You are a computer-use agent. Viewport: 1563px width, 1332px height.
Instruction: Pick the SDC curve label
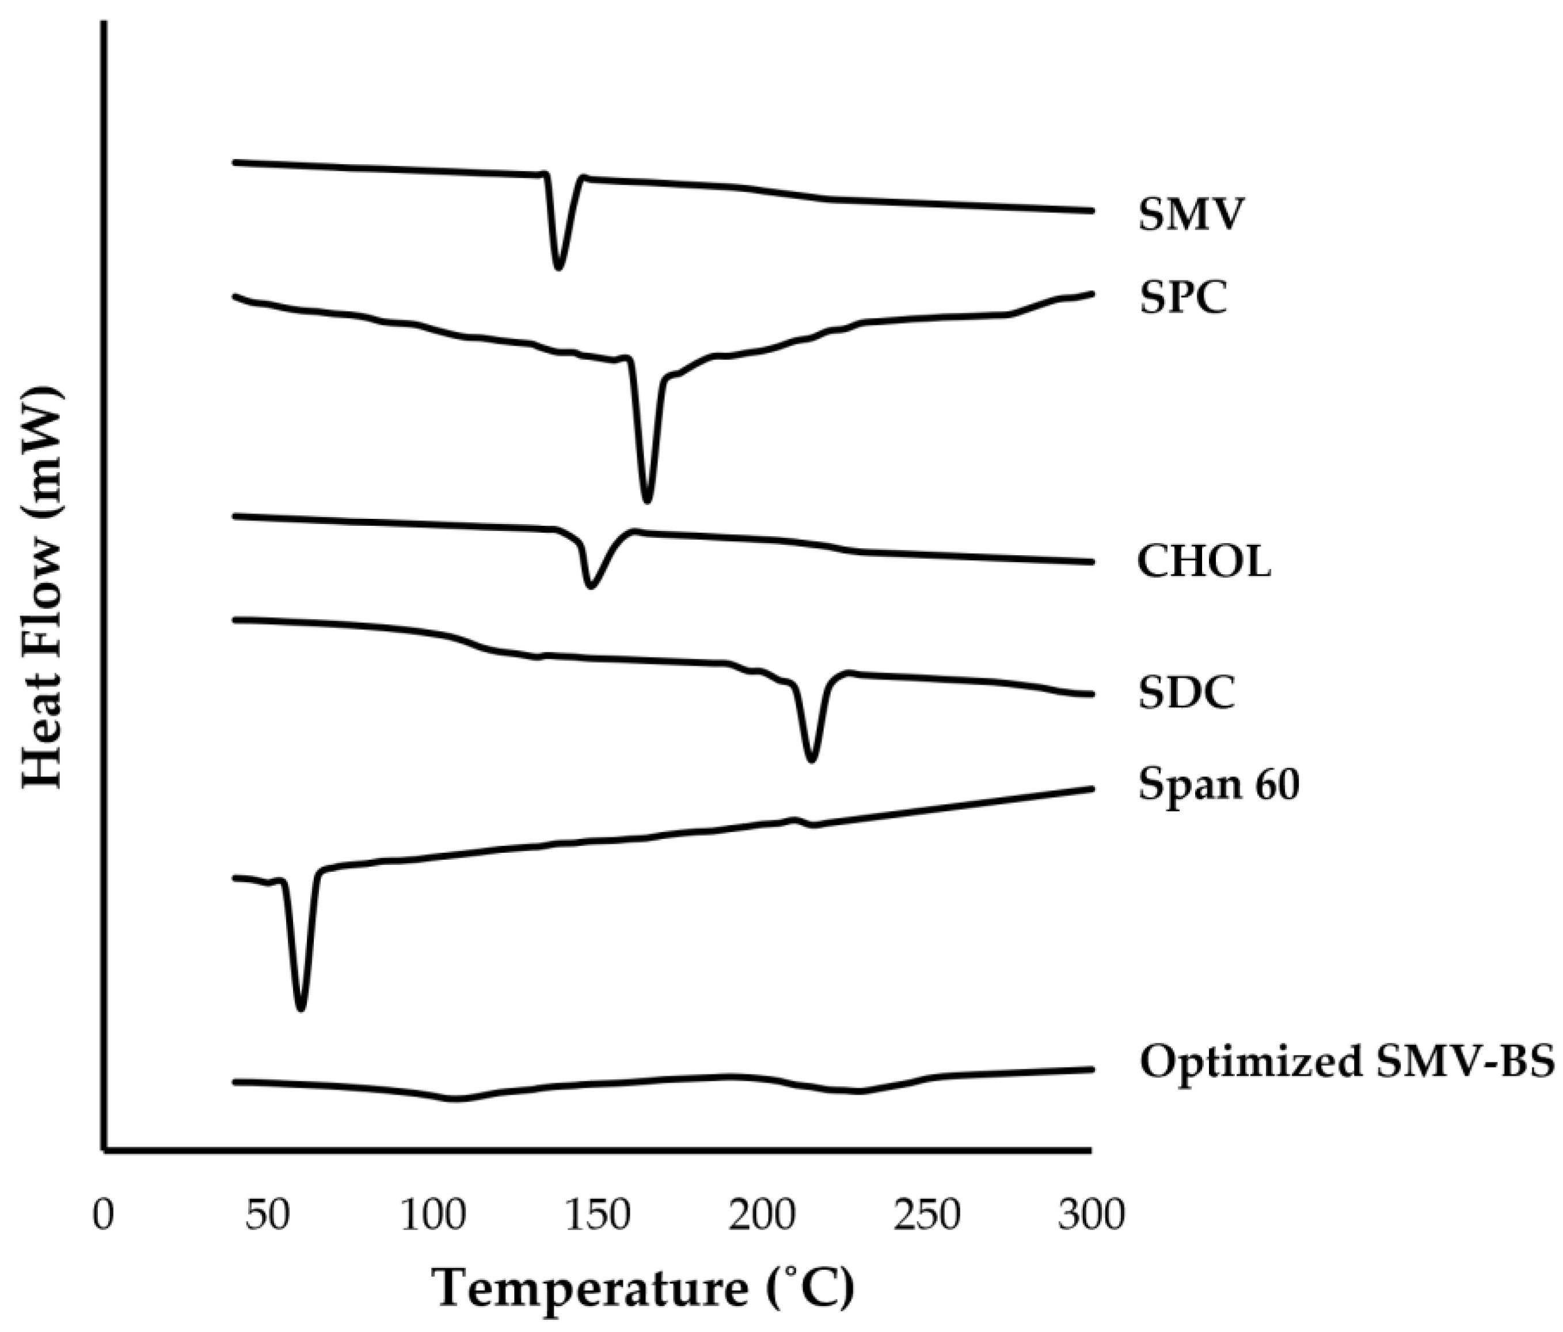pos(1186,692)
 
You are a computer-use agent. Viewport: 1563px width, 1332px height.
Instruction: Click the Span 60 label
pos(1218,784)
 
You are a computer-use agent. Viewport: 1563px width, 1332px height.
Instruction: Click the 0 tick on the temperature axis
pos(104,1216)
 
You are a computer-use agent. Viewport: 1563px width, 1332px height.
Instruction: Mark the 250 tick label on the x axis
pos(927,1216)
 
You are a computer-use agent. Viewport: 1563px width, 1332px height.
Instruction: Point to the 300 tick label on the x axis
pos(1091,1216)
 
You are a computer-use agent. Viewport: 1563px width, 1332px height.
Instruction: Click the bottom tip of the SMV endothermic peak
pos(558,267)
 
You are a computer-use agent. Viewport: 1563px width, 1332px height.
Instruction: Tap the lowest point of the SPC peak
pos(647,500)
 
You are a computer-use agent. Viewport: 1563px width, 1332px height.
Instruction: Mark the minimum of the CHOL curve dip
pos(591,586)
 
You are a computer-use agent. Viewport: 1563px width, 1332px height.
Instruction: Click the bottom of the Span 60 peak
pos(301,1009)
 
